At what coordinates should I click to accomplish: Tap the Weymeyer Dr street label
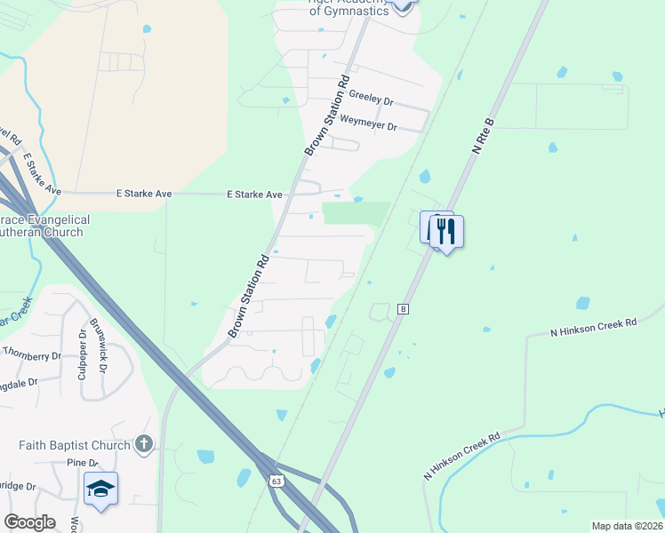click(368, 123)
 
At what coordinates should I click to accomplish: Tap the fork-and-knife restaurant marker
click(446, 232)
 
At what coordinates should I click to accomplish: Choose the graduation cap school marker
click(100, 489)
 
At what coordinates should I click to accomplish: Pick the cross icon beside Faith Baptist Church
click(144, 443)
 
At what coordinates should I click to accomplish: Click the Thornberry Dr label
click(31, 354)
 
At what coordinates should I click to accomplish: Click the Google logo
click(29, 522)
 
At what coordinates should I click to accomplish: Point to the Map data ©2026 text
click(627, 526)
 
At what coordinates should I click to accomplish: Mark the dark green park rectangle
click(356, 214)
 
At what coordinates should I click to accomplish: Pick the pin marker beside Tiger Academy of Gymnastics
click(403, 5)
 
